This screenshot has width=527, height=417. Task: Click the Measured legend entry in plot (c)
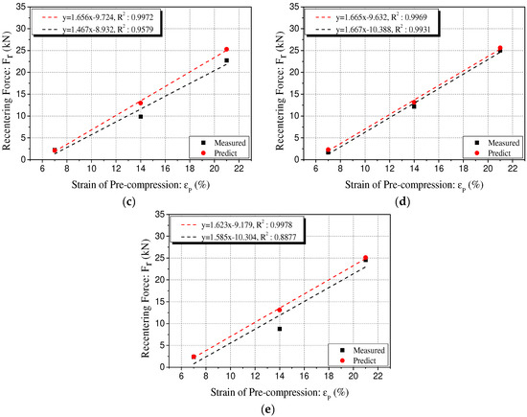(x=219, y=142)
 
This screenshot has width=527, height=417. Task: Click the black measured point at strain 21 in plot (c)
(x=226, y=60)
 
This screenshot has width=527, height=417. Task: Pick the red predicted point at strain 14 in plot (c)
(x=141, y=103)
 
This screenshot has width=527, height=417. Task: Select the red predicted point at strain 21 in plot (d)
(x=499, y=48)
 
